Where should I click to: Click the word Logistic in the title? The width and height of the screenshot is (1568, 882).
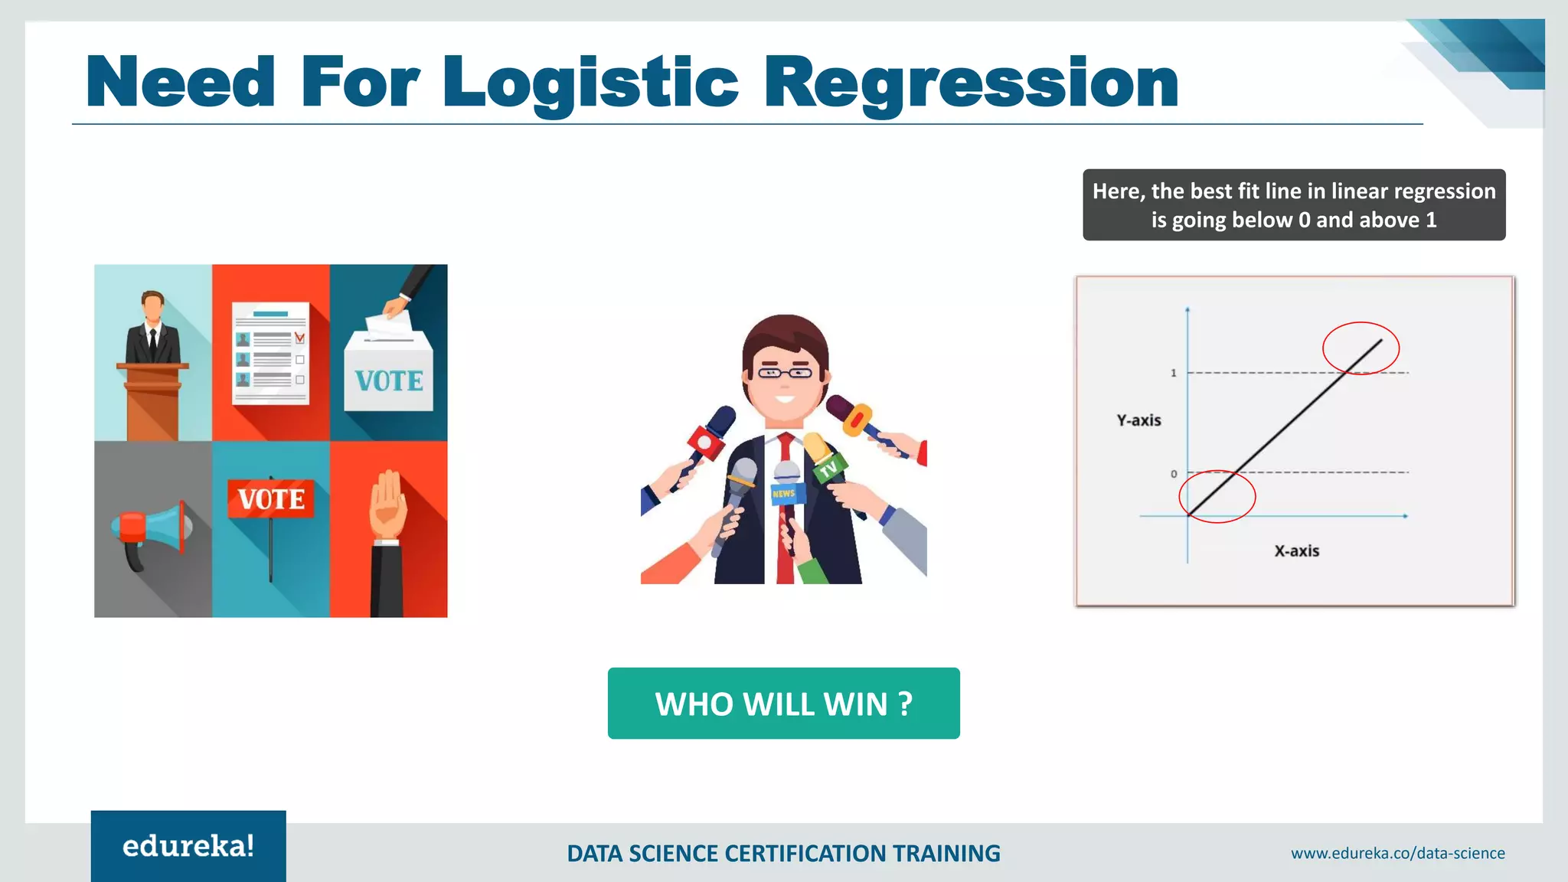[x=590, y=83]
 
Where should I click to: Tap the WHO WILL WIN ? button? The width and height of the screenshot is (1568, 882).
[x=783, y=703]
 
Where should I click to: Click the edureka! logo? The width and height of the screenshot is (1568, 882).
[x=188, y=846]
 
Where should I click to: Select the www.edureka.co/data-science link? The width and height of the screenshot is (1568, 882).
[x=1397, y=853]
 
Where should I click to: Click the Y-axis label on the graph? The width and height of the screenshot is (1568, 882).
[x=1138, y=420]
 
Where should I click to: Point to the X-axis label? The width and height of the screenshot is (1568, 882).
[x=1296, y=550]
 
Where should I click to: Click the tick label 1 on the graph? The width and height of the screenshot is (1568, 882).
[x=1173, y=373]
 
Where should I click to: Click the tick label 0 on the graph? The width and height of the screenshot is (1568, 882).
[x=1174, y=474]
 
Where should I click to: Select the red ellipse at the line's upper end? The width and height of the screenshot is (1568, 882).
[x=1361, y=348]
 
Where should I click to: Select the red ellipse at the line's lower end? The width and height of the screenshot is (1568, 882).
[x=1217, y=496]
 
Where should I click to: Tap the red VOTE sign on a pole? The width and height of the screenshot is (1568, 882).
[x=270, y=498]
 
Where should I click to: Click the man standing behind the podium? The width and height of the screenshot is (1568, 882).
[x=153, y=329]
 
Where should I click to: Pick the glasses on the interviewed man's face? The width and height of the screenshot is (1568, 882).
[x=785, y=373]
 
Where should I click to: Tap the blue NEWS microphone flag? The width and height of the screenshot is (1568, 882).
[x=784, y=493]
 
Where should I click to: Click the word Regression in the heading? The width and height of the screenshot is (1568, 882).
[x=971, y=83]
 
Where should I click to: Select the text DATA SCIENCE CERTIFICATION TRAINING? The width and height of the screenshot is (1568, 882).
[x=783, y=853]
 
